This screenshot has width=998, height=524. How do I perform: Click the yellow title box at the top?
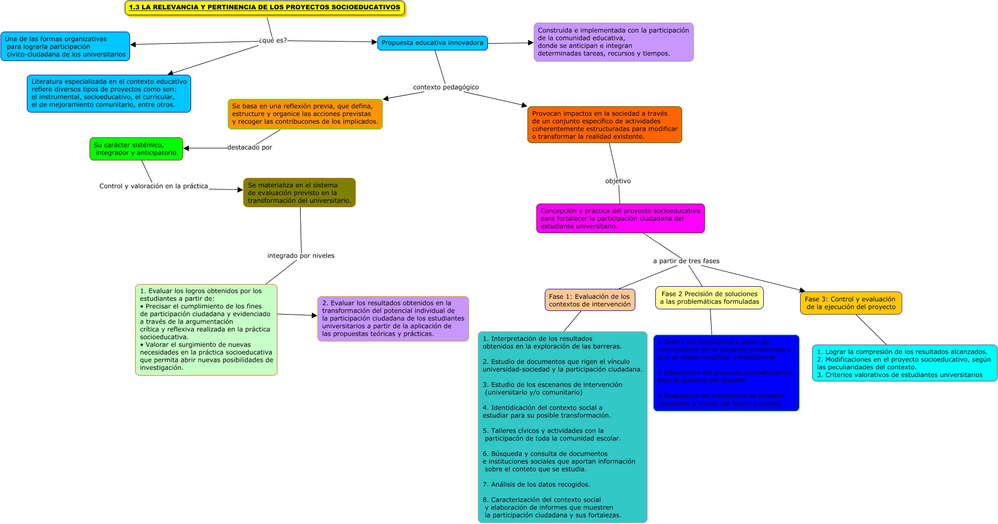[265, 8]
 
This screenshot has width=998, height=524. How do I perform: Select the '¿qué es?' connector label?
[273, 41]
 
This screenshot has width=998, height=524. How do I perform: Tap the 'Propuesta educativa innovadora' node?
[432, 43]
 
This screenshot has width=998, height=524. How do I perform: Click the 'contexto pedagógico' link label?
[446, 87]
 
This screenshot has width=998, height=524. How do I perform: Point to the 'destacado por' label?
[249, 147]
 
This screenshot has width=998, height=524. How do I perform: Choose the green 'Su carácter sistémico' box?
[136, 149]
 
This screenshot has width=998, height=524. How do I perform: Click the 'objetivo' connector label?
[618, 181]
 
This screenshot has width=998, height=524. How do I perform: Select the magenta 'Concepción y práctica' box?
[620, 218]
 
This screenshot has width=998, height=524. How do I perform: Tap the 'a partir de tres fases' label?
[686, 261]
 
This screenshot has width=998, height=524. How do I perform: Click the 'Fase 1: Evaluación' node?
[590, 300]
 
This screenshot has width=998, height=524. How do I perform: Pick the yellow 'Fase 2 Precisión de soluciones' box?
[709, 298]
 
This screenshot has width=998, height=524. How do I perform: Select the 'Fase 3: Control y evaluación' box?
[851, 303]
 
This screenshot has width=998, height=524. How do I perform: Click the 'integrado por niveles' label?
[301, 256]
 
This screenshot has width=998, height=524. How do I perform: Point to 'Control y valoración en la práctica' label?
[154, 186]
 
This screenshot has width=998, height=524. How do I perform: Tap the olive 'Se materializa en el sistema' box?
[299, 193]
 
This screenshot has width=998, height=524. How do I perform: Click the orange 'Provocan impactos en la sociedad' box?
[604, 125]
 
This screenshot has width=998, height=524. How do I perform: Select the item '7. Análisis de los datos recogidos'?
[536, 485]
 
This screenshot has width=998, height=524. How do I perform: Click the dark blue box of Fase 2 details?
[726, 373]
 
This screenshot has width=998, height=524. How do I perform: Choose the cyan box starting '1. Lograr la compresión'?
[904, 363]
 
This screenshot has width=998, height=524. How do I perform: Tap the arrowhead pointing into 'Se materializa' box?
[240, 190]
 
